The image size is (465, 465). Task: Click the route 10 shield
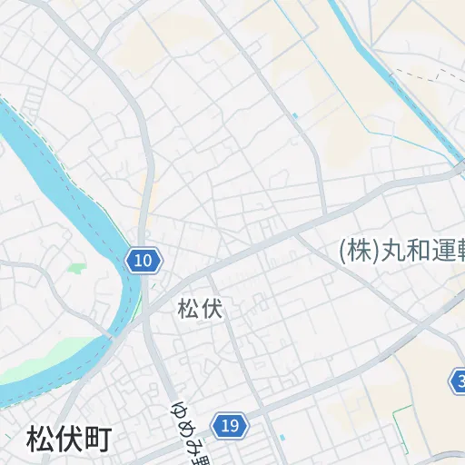point(143,262)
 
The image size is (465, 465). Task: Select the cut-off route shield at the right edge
point(459,380)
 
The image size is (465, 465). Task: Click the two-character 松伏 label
point(200,309)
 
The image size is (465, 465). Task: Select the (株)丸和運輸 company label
point(401,250)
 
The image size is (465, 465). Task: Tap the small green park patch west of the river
point(75,269)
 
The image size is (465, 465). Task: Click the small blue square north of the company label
point(295,116)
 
